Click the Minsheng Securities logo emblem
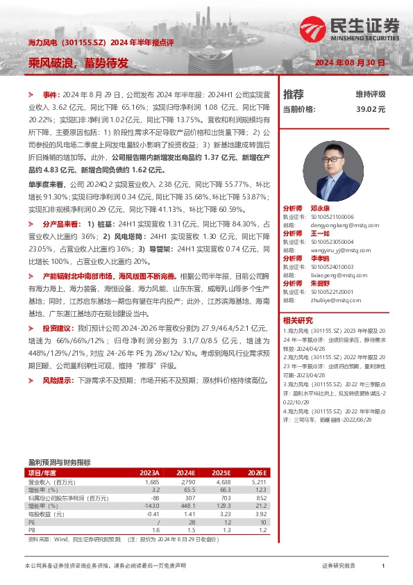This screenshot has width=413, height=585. coord(314,28)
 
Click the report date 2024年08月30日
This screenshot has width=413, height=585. coord(350,63)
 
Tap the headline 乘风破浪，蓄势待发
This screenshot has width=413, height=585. coord(78,63)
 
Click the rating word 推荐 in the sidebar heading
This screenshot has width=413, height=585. coord(294,94)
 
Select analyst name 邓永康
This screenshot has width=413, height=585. coord(320,208)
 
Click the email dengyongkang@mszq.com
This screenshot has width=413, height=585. coord(345,225)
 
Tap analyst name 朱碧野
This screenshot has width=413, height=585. coord(320,283)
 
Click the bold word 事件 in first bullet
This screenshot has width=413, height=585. coord(51,93)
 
